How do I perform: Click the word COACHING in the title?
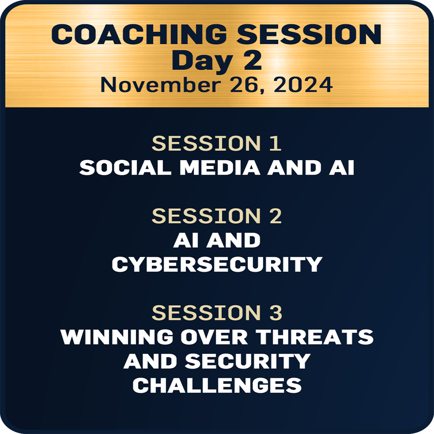coord(139,34)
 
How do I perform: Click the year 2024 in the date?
coord(303,85)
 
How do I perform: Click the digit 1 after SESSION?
coord(276,143)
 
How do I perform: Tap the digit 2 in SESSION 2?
coord(276,216)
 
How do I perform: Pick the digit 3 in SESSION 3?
coord(276,313)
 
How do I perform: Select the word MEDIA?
coord(220,168)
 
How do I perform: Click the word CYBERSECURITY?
coord(217,264)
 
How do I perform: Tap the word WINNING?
coord(117,337)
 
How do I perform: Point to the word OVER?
coord(214,337)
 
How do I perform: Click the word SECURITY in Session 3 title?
coord(248,361)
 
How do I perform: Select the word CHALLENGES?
coord(217,385)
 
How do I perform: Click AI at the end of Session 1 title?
coord(342,168)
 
